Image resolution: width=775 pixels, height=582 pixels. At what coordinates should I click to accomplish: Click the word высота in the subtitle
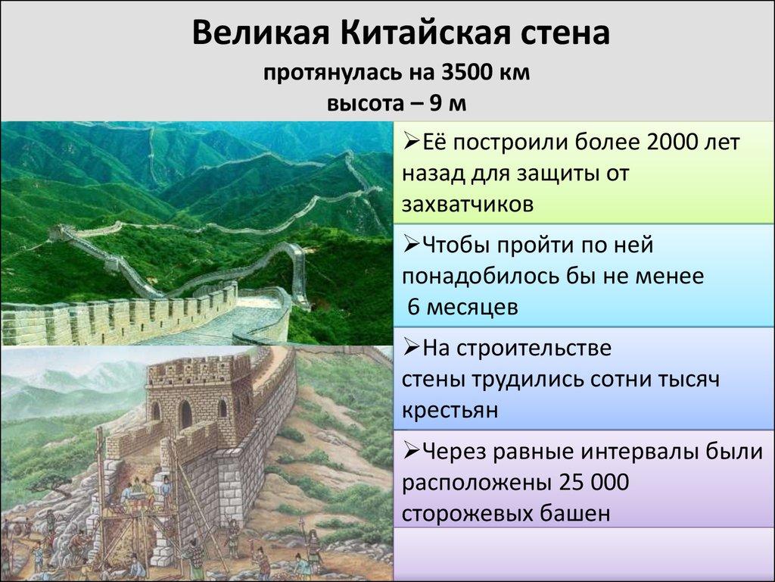click(363, 102)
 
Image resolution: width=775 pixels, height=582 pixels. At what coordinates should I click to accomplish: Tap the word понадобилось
click(477, 277)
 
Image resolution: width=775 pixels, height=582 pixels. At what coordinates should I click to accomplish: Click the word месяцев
click(480, 307)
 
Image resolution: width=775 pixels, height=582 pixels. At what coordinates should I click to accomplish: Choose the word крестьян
click(450, 410)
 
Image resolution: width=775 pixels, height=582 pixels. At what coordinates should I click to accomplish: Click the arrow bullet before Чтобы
click(411, 246)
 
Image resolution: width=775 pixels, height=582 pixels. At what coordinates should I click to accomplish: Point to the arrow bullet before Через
click(411, 452)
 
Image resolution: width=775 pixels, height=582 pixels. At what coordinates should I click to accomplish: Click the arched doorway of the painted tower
click(185, 414)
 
